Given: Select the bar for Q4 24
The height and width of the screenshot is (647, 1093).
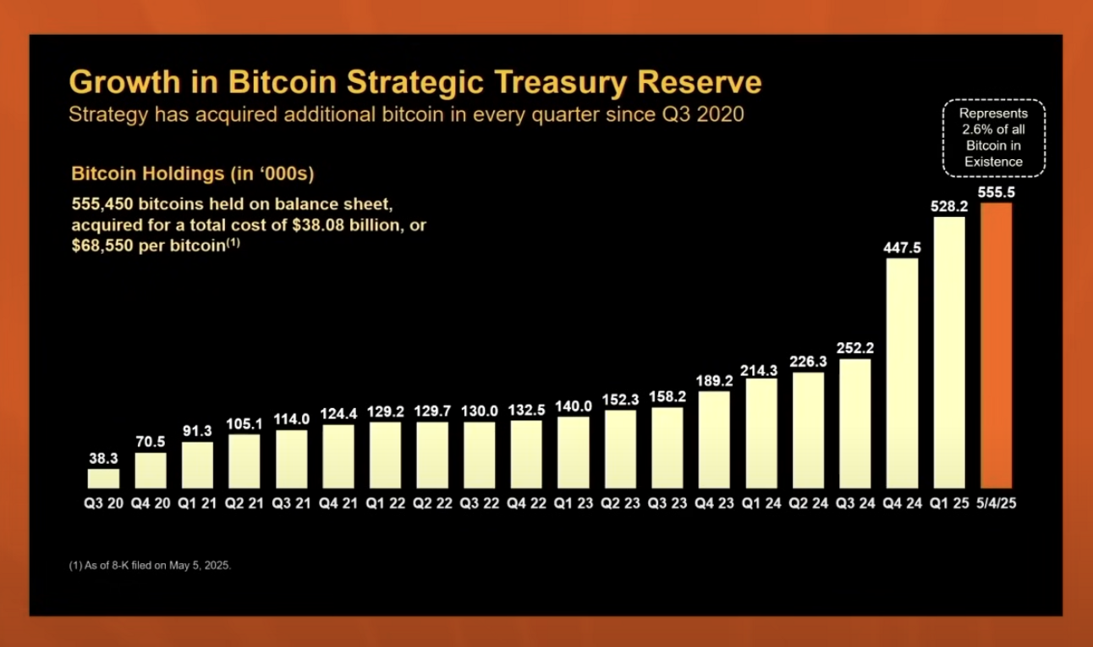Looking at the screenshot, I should [x=902, y=373].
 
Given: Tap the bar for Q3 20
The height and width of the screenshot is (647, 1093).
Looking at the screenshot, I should [x=103, y=479].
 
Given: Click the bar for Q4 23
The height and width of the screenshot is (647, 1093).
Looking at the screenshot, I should [x=714, y=440].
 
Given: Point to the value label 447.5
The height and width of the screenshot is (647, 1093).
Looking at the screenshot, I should [x=902, y=246].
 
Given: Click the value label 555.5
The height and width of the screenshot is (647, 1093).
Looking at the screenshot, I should [x=996, y=192].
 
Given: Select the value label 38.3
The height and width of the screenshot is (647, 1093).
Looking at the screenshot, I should [x=103, y=457].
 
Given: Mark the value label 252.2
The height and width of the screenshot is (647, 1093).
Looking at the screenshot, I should [x=855, y=347].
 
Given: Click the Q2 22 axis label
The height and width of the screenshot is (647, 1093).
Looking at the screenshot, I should [x=432, y=503].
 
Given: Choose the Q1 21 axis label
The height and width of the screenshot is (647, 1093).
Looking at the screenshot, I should [x=197, y=503].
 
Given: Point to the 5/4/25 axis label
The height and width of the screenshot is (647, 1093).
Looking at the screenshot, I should [x=996, y=503].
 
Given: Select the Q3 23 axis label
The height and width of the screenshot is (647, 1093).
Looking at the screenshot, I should [x=667, y=503].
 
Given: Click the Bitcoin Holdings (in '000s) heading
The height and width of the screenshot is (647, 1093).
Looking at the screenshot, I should [x=193, y=174].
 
